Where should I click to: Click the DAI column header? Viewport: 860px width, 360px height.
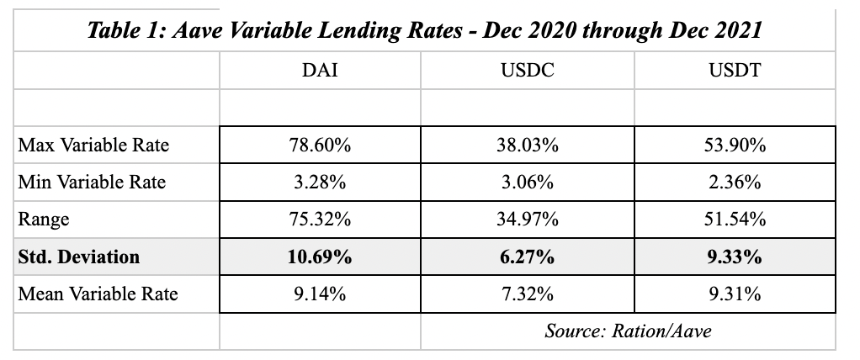pos(320,70)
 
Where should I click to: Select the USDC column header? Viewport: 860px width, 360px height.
pos(527,70)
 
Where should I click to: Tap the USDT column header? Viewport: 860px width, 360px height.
pos(735,70)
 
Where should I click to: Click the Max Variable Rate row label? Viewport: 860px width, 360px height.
pos(93,145)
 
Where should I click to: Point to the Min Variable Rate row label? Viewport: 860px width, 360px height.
pos(92,182)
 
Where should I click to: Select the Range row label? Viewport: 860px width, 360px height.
pos(43,220)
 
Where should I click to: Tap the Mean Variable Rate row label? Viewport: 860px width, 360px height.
pos(98,294)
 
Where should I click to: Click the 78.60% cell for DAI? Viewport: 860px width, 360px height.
pos(320,145)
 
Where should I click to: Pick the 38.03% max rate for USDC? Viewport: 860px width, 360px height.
pos(527,145)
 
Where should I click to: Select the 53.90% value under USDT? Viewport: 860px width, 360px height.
pos(735,145)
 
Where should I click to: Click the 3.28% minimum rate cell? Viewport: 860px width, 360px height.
pos(320,182)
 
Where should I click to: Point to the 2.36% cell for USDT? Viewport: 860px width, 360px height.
pos(735,182)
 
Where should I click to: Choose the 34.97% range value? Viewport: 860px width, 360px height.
pos(527,220)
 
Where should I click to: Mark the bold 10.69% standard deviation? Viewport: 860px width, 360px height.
pos(320,257)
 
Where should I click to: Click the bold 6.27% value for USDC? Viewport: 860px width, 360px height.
pos(527,257)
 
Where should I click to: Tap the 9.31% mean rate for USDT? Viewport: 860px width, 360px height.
pos(735,294)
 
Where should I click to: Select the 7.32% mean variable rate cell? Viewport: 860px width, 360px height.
pos(527,294)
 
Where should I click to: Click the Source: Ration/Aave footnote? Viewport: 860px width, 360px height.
pos(628,331)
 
